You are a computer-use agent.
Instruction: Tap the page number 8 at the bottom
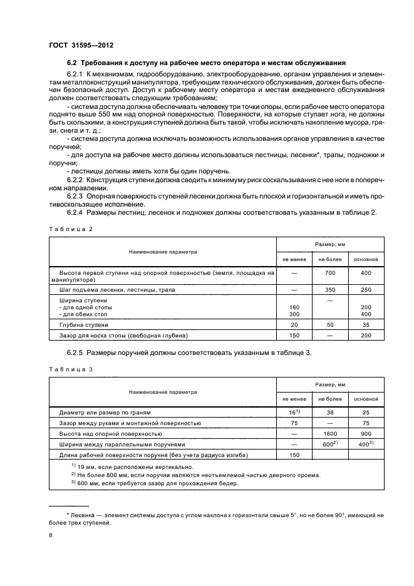(x=51, y=535)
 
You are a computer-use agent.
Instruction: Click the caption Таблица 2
(x=70, y=229)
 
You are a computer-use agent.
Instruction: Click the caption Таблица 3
(x=70, y=369)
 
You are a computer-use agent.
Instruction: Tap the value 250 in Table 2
(x=366, y=290)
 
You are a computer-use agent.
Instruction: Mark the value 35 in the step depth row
(x=366, y=326)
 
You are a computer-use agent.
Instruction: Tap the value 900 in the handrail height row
(x=366, y=433)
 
